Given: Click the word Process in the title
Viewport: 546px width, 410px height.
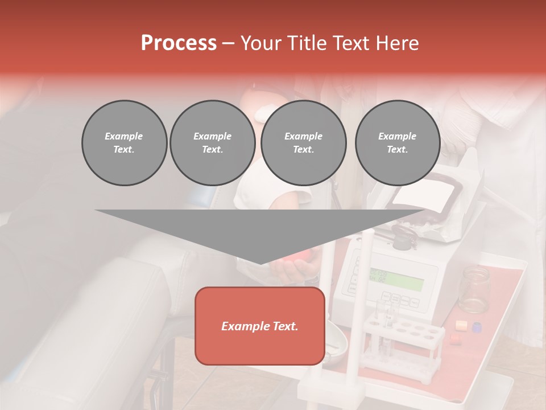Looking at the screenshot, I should click(x=179, y=43).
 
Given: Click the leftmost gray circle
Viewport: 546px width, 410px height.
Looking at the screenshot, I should click(x=124, y=143).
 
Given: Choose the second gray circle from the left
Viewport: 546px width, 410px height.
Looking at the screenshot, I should click(x=212, y=143).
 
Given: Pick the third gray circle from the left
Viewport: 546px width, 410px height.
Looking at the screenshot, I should click(x=303, y=143).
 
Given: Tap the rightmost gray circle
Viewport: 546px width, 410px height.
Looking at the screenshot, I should click(x=397, y=143).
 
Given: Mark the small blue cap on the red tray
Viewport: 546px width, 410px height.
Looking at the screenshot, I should click(x=477, y=327).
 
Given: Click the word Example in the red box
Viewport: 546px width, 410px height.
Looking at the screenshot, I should click(x=240, y=326).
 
